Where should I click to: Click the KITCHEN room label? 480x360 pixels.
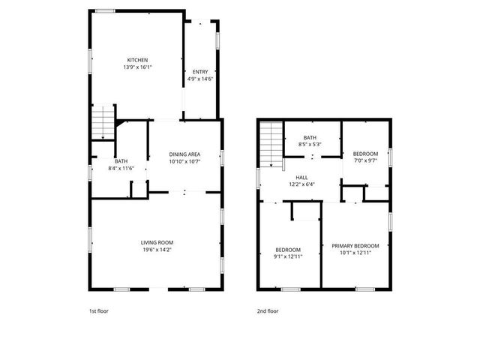coord(136,60)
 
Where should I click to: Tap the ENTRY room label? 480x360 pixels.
coord(200,72)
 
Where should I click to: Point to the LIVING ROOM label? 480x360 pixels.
coord(157,241)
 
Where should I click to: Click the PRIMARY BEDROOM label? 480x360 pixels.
coord(355,245)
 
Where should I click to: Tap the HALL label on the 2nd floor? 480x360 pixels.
coord(301,177)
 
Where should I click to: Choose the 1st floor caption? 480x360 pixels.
coord(98,310)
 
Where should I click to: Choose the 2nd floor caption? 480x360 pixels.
coord(268,310)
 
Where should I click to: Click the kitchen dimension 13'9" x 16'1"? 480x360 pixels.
coord(136,67)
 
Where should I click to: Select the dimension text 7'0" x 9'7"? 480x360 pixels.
coord(365,160)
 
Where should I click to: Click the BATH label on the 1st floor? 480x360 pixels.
coord(121,161)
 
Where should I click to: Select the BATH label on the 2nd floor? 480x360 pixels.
coord(310,137)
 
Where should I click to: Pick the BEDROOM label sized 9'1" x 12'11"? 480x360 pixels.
coord(288,249)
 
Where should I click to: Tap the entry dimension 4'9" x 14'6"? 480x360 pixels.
coord(200,79)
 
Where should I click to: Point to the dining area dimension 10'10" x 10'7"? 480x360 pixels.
coord(184,161)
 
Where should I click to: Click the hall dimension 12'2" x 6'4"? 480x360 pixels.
coord(301,184)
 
